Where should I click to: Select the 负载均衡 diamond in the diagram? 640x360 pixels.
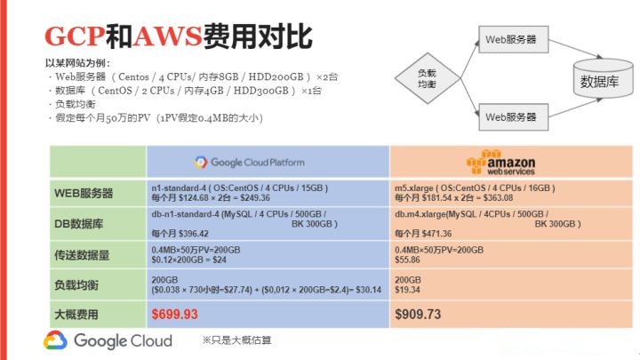pyautogui.click(x=427, y=77)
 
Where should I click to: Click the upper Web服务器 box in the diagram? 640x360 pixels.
pyautogui.click(x=510, y=39)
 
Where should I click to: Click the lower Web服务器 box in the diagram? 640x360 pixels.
pyautogui.click(x=510, y=116)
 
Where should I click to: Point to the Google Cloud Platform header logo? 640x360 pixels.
pyautogui.click(x=250, y=163)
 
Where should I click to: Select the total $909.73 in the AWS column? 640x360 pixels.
pyautogui.click(x=418, y=314)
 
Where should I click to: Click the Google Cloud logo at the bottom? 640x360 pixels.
pyautogui.click(x=108, y=341)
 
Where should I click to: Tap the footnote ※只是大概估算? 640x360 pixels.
pyautogui.click(x=239, y=340)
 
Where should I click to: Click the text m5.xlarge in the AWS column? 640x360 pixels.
pyautogui.click(x=413, y=188)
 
